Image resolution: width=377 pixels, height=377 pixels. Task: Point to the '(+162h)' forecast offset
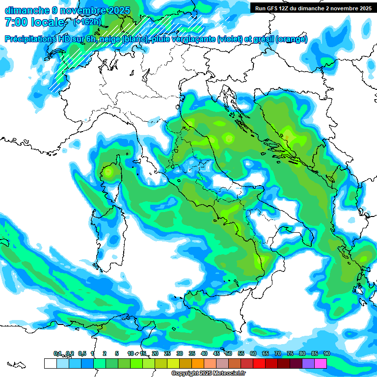[87, 22]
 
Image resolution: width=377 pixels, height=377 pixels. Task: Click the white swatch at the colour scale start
[50, 363]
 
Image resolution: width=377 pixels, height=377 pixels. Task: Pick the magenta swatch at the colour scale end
[320, 363]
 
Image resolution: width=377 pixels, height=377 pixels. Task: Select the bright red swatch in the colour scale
[259, 363]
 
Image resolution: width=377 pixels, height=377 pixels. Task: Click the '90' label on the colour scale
[326, 354]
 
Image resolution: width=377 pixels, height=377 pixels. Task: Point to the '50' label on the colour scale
[228, 354]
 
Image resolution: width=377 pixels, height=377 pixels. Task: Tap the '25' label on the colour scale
[167, 354]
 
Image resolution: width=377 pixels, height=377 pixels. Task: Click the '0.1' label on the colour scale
[57, 354]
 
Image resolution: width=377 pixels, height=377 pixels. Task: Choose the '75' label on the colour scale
[290, 354]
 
